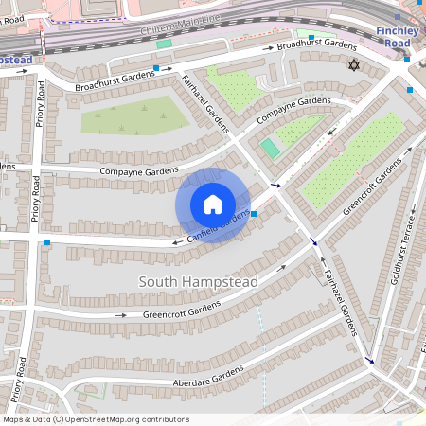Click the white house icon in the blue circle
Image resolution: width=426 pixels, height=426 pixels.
(x=213, y=204)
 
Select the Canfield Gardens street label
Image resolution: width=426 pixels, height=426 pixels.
(x=219, y=225)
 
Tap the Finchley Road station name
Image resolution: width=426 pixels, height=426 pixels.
(x=398, y=37)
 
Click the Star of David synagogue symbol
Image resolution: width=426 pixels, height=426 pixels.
(x=355, y=65)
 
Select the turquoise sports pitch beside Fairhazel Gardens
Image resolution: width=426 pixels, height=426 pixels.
(x=271, y=148)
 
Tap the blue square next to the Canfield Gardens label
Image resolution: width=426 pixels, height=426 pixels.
(x=254, y=213)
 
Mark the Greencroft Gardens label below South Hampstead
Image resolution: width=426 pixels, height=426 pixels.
(x=180, y=309)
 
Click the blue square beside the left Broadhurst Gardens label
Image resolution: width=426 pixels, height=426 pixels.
(x=156, y=69)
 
